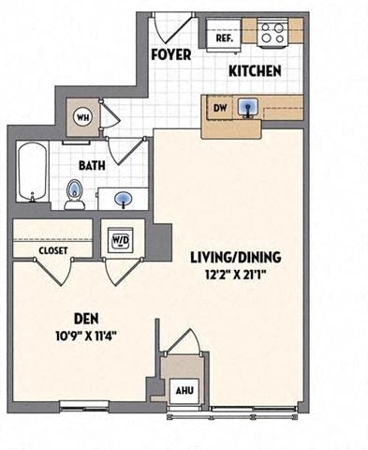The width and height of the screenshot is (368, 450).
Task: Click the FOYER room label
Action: (170, 54)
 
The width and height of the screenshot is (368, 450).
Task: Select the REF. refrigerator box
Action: (225, 38)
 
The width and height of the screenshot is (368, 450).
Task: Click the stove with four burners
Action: (272, 35)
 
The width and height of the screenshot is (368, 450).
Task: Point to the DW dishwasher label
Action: (221, 109)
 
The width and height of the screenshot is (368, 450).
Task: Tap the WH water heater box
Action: (83, 118)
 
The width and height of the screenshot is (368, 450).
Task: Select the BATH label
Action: (91, 164)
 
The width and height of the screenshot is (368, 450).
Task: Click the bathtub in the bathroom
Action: (31, 172)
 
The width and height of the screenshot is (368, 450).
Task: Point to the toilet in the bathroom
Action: (74, 195)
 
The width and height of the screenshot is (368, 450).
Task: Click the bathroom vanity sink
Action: (124, 199)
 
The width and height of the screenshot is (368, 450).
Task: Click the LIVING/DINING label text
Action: (236, 256)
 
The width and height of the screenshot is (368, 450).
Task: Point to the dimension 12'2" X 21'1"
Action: (236, 274)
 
